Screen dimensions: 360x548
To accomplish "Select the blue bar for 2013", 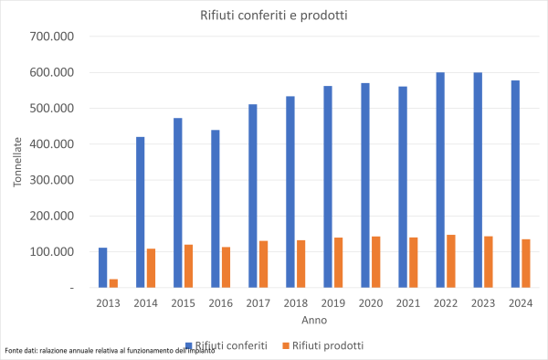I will (103, 268).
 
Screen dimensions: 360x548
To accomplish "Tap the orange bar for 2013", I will (114, 283).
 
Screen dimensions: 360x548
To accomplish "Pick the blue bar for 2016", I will (216, 208).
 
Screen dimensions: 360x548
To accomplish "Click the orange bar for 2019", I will (339, 262).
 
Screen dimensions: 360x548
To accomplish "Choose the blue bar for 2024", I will (515, 184).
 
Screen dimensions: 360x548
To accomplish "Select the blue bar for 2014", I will (141, 212).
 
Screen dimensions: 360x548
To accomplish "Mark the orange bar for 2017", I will (264, 264).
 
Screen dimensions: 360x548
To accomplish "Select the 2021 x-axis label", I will (408, 302).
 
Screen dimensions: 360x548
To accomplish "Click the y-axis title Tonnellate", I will (17, 163).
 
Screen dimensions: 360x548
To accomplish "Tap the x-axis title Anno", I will (314, 321).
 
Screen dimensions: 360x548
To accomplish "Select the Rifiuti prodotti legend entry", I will (321, 345).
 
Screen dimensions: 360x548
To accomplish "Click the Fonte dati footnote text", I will (109, 351).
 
